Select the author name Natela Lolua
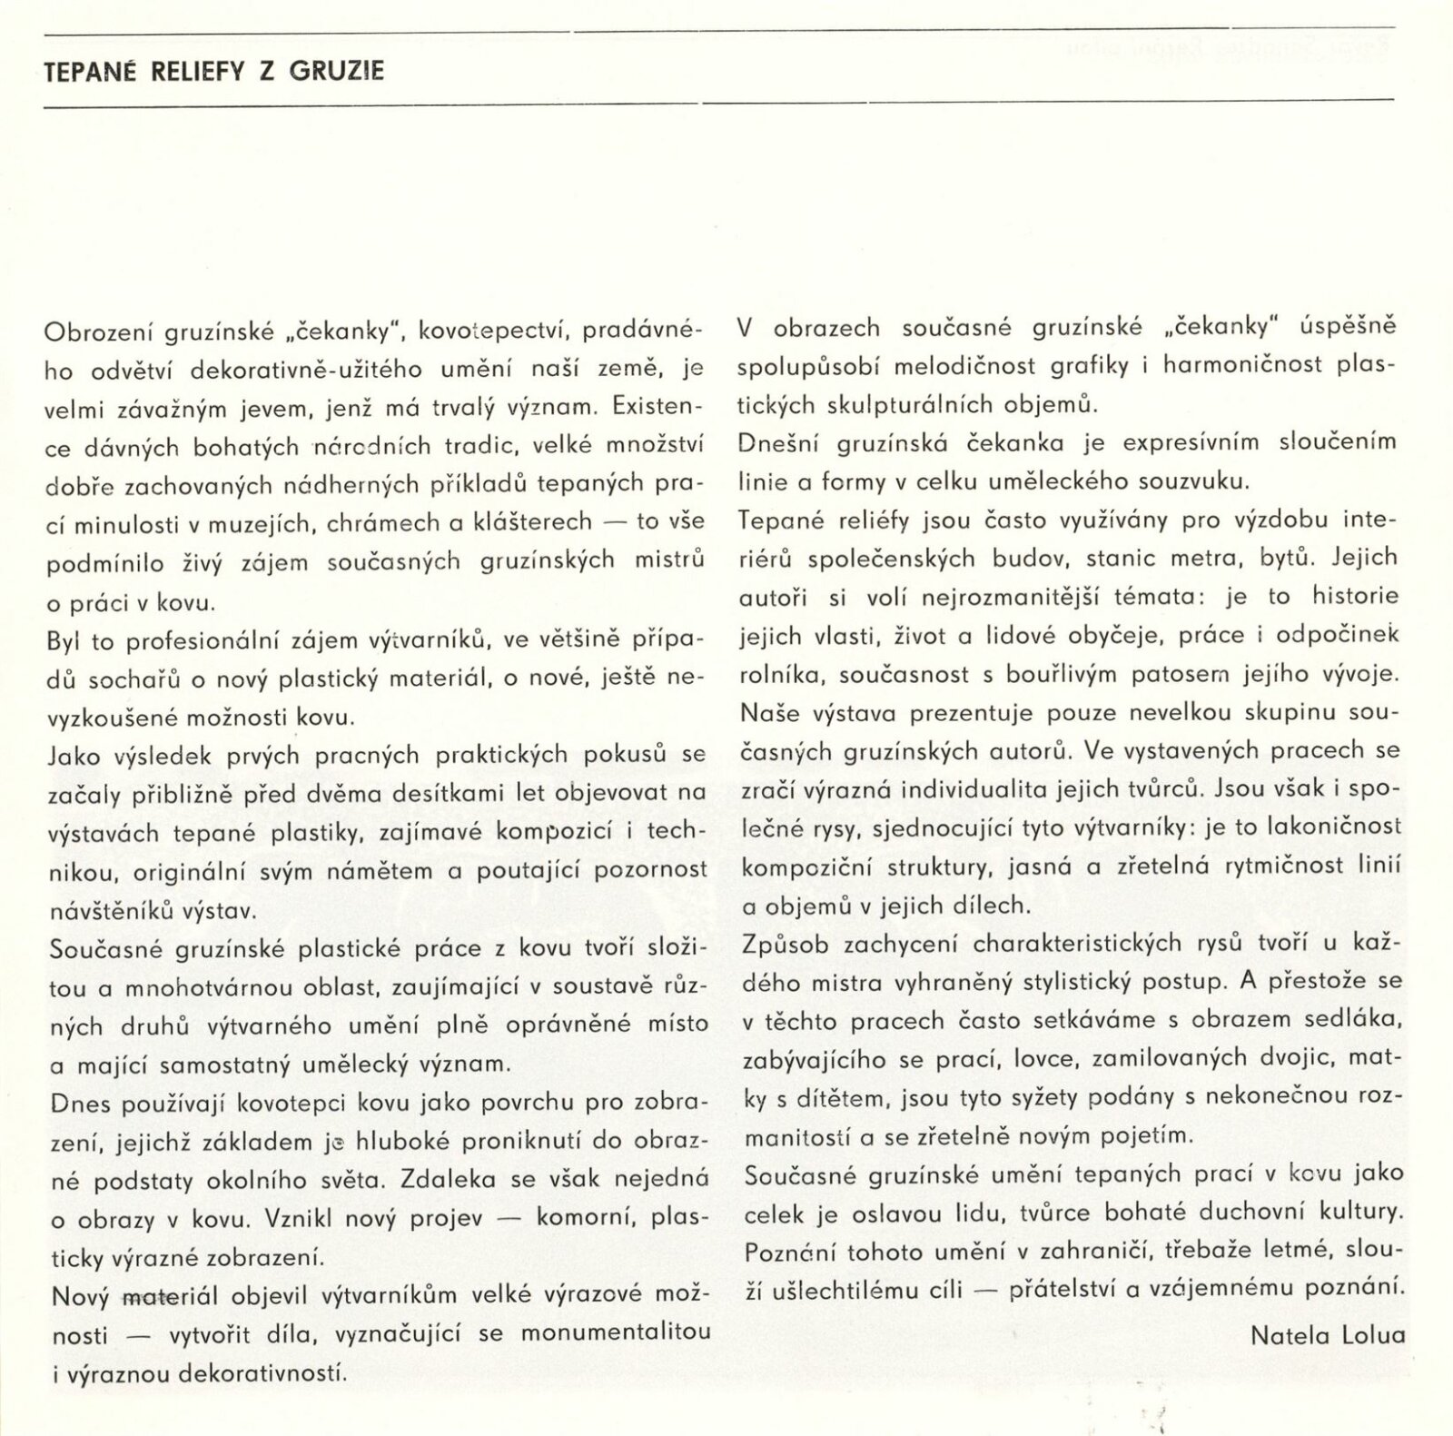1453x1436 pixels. coord(1328,1334)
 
